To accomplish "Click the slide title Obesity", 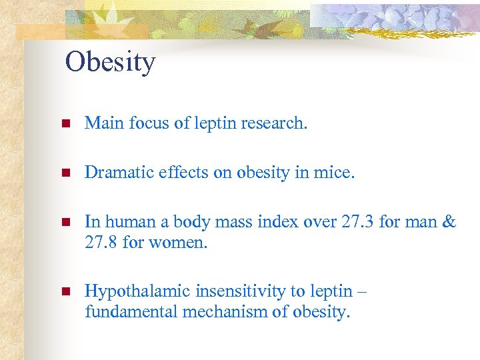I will click(110, 62).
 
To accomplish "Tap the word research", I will click(273, 123).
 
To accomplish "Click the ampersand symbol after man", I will click(449, 221).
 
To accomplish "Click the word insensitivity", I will click(232, 291).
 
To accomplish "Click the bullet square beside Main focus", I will click(65, 124).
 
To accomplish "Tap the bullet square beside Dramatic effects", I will click(65, 173).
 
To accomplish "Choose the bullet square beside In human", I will click(65, 223).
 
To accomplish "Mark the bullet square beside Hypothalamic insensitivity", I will click(65, 292).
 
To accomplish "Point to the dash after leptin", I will click(361, 291).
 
